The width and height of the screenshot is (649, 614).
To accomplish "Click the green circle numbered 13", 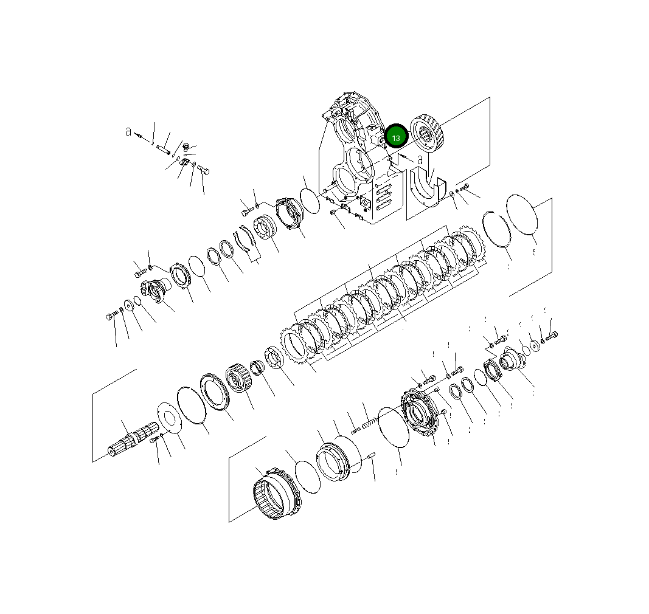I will click(x=396, y=137).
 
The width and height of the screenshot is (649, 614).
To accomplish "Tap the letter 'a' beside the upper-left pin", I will click(x=128, y=131).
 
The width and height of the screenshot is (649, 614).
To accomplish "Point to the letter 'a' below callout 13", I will click(x=420, y=160).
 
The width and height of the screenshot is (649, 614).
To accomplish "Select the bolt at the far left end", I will click(x=111, y=317).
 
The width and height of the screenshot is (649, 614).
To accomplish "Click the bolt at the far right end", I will click(x=551, y=335).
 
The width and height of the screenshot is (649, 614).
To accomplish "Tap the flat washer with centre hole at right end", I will click(x=534, y=345).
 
